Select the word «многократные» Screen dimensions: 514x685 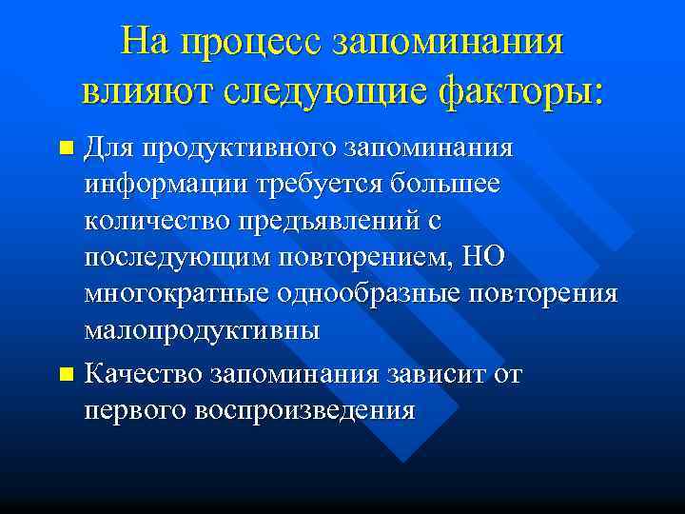176,293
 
